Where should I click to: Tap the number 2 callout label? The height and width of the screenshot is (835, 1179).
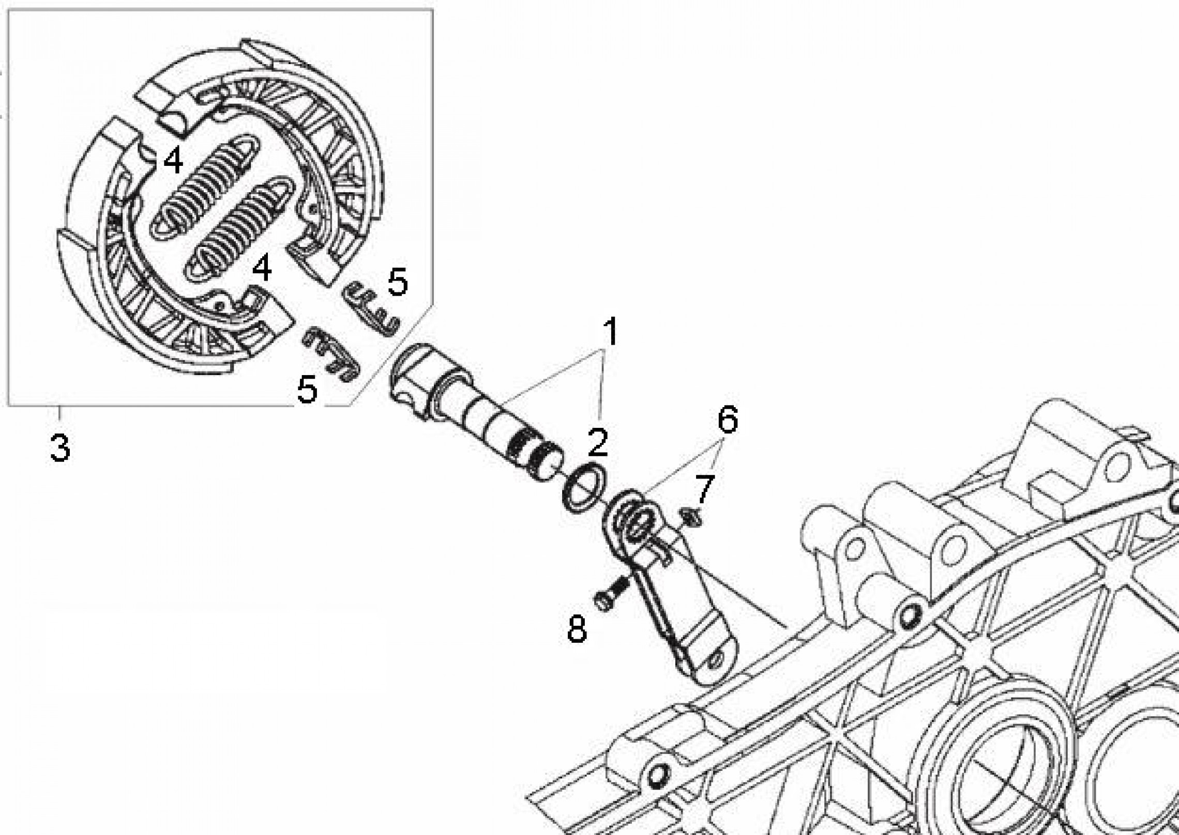tap(598, 442)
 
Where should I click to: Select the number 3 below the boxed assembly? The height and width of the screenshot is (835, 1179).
tap(61, 447)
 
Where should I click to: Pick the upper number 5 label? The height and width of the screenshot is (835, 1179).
tap(397, 282)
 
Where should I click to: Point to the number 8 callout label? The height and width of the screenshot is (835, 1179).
tap(577, 629)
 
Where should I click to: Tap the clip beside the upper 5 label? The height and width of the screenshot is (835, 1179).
tap(371, 308)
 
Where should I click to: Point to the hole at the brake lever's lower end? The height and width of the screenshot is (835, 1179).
tap(716, 660)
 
